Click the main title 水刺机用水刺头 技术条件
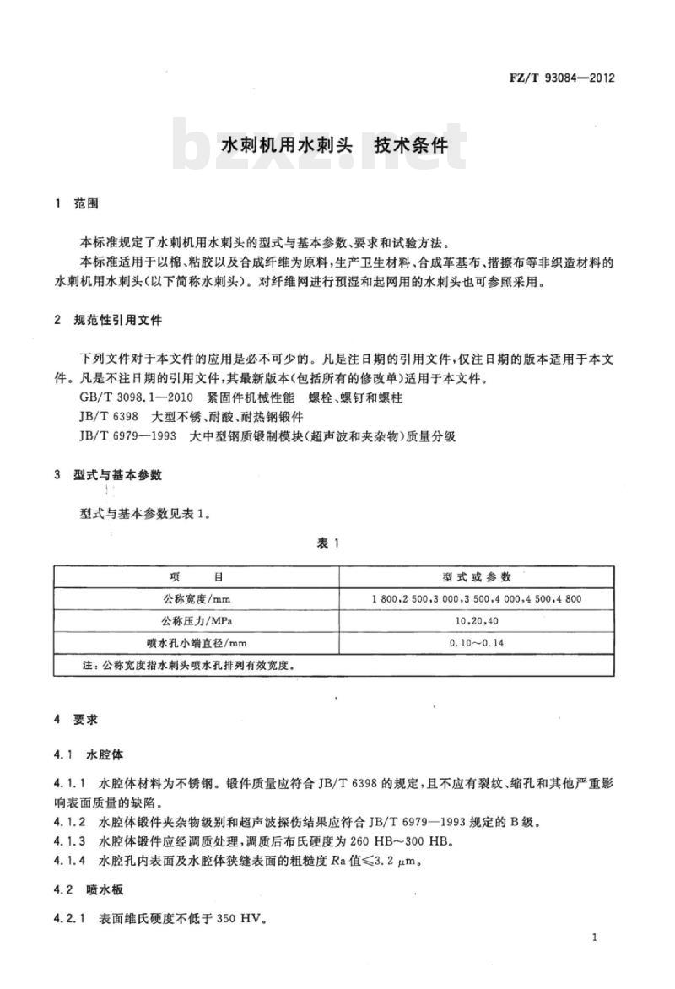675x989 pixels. pos(333,143)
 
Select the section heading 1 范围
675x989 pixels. pos(77,203)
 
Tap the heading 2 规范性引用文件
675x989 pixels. pos(108,322)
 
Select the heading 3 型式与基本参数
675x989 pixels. pos(108,475)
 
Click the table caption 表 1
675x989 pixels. pos(328,543)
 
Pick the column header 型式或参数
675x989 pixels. pos(477,577)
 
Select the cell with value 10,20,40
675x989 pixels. pos(477,621)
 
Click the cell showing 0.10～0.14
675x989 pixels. pos(477,643)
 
